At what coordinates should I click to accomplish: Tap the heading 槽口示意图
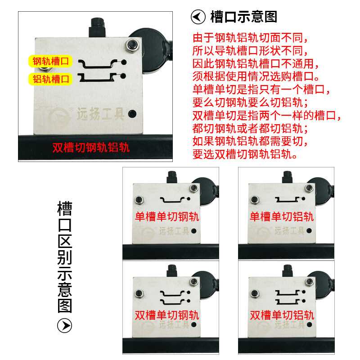click(243, 17)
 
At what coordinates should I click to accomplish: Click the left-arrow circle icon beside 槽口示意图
click(198, 18)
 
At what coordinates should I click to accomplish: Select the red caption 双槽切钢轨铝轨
click(91, 148)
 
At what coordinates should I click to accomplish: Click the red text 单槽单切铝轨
click(282, 217)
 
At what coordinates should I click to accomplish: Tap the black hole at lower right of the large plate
click(132, 114)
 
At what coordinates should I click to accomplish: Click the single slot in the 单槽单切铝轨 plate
click(288, 199)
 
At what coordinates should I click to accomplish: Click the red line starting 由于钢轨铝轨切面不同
click(252, 37)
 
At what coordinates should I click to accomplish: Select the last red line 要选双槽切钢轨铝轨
click(245, 155)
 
